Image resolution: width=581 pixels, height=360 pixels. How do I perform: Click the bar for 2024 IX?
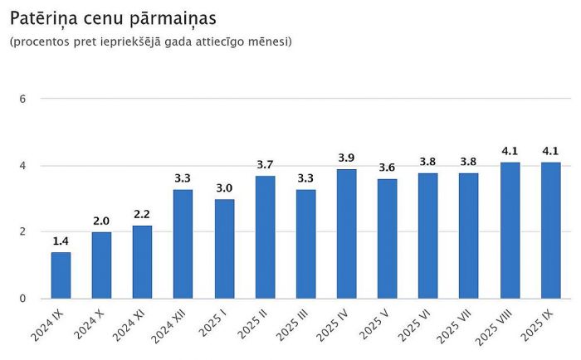click(61, 275)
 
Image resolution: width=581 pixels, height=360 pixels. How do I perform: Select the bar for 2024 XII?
click(183, 244)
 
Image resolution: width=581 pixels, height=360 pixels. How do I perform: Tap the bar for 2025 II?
click(265, 236)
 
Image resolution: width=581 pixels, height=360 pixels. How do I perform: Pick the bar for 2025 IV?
click(346, 233)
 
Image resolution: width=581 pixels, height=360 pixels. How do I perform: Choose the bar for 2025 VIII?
click(510, 230)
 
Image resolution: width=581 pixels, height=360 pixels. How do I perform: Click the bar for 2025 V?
click(387, 238)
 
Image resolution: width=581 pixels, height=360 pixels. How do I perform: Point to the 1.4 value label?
click(61, 241)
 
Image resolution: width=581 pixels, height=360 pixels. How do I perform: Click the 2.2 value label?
click(142, 215)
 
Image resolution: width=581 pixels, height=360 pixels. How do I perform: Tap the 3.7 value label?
click(265, 165)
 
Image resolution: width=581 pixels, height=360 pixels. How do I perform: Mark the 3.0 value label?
click(223, 188)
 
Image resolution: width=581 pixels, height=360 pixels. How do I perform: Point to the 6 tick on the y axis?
click(23, 99)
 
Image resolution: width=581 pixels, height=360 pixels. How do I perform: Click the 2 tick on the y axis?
click(23, 232)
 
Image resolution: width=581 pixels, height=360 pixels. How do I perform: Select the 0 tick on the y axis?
click(23, 299)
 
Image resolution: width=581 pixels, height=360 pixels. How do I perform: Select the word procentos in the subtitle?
click(41, 41)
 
